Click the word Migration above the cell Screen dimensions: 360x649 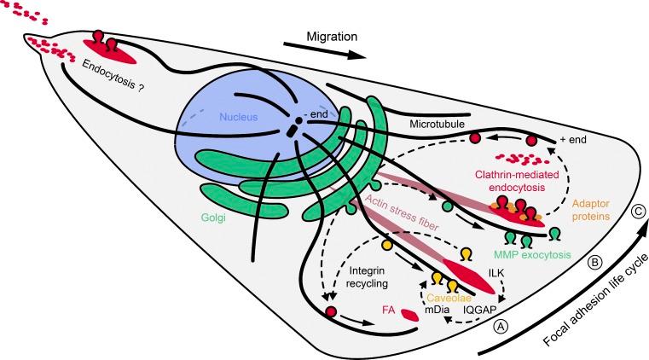(x=335, y=37)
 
